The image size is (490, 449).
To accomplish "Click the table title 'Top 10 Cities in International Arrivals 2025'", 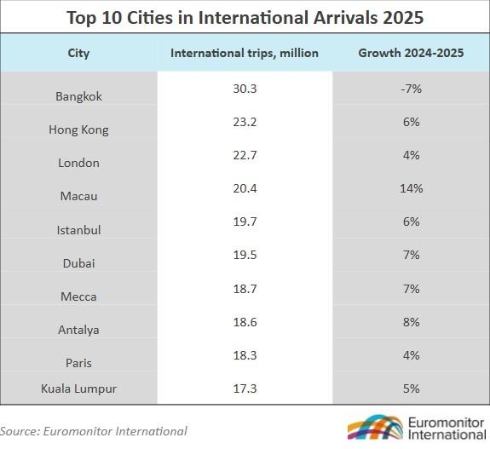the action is coord(245,18).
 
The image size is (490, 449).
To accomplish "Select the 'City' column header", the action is coord(78,54).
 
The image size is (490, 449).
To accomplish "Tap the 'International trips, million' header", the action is coord(245,53).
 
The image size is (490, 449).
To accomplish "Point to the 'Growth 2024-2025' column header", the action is coord(411,53).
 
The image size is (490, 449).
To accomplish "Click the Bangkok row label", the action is coord(78,96).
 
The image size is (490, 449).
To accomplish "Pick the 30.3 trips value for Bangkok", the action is coord(245,89).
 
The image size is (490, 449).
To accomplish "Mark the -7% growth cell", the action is coord(411,89).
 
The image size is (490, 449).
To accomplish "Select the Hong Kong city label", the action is coord(78,130).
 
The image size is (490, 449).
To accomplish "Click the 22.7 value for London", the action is coord(245,155).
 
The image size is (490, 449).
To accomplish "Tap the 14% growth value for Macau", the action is coord(412,188).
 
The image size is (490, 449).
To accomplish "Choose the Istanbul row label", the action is coord(78,230).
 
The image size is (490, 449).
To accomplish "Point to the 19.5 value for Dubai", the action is coord(245,255).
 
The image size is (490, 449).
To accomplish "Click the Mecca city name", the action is coord(78,296).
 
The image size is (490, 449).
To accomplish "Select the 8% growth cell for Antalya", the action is coord(412,322).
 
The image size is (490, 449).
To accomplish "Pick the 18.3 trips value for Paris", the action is coord(245,355).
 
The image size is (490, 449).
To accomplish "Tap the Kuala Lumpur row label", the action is coord(78,389).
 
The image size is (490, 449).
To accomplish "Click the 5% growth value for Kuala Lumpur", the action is coord(412,389).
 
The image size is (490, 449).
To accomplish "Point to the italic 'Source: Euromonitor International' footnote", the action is coord(94,431).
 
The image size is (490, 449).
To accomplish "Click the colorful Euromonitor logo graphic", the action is coord(375,428).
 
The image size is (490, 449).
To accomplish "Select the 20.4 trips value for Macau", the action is coord(245,188).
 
